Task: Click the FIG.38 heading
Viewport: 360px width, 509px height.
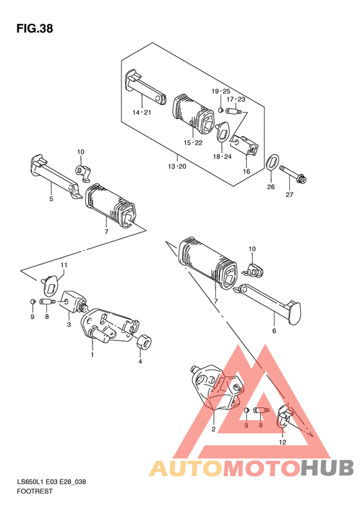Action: tap(35, 28)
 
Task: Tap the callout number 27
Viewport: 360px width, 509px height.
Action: tap(289, 194)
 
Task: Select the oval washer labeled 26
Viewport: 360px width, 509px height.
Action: tap(271, 162)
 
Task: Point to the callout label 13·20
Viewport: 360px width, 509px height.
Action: tap(177, 167)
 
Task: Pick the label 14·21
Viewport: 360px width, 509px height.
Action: tap(141, 113)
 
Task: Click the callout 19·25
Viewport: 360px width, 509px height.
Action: tap(221, 91)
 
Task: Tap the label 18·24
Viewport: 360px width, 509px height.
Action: tap(222, 156)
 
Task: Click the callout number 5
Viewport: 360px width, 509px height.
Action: tap(51, 199)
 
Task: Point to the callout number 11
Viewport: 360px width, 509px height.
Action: tap(64, 265)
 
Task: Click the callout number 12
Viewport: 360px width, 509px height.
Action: tap(282, 442)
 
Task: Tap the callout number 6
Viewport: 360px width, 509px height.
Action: tap(274, 331)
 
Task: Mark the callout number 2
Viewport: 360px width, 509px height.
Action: tap(213, 429)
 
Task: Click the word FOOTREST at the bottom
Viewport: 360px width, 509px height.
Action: tap(35, 491)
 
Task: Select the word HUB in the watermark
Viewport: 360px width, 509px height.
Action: tap(327, 468)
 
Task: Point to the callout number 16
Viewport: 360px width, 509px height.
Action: tap(246, 171)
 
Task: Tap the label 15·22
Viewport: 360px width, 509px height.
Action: tap(193, 142)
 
